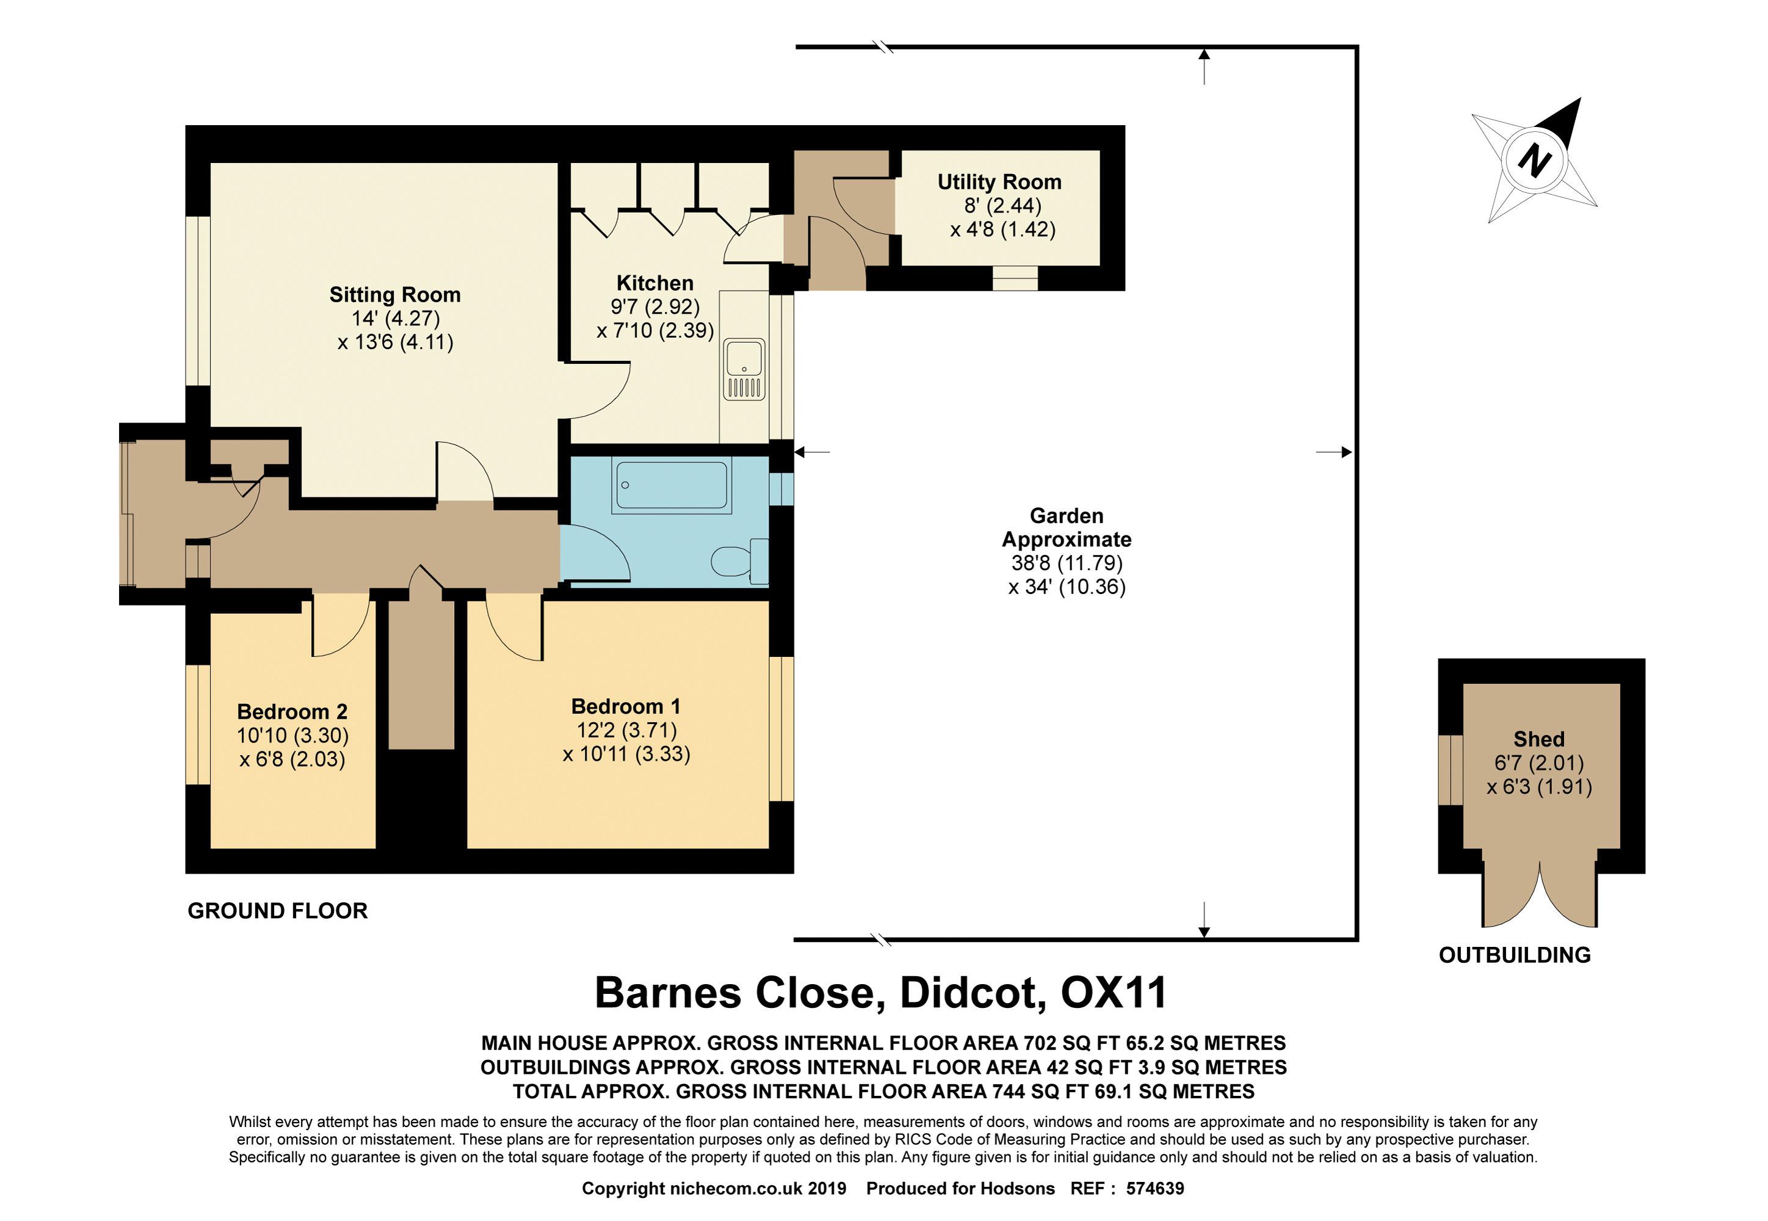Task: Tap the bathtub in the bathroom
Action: pyautogui.click(x=671, y=485)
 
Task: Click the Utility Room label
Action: pyautogui.click(x=999, y=182)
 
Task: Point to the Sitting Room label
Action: pyautogui.click(x=395, y=294)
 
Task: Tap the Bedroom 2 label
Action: pyautogui.click(x=292, y=711)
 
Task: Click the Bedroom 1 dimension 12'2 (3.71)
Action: pyautogui.click(x=626, y=730)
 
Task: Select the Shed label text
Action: pyautogui.click(x=1538, y=739)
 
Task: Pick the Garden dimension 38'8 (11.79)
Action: pyautogui.click(x=1067, y=563)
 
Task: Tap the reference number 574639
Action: pyautogui.click(x=1155, y=1188)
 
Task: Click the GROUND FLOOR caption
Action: pyautogui.click(x=278, y=910)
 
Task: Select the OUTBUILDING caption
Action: pyautogui.click(x=1515, y=955)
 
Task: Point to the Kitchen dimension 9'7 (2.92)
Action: pyautogui.click(x=655, y=307)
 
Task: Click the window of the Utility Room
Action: pyautogui.click(x=1015, y=278)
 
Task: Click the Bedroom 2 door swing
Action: pyautogui.click(x=341, y=628)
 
